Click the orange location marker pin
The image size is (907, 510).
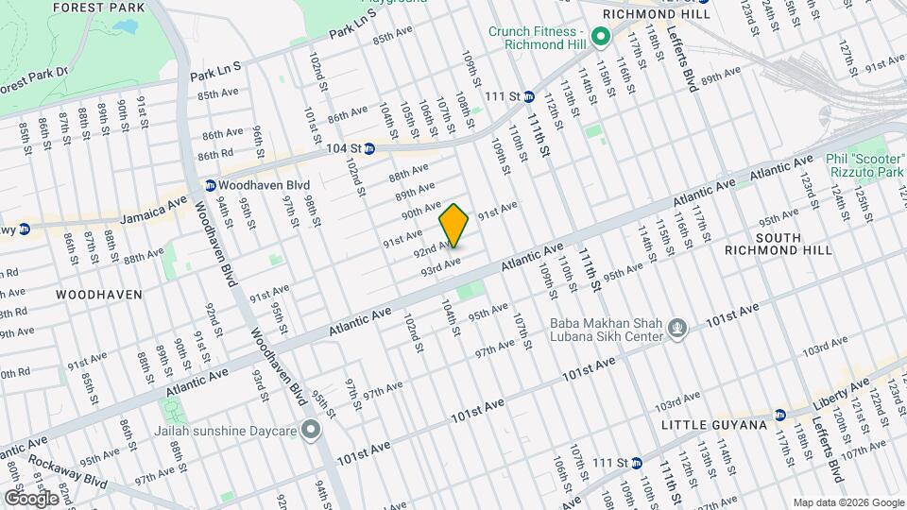pos(454,226)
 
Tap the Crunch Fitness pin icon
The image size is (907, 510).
pos(599,39)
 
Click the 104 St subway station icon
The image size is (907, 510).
pos(369,148)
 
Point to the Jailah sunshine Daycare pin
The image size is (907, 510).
pos(311,432)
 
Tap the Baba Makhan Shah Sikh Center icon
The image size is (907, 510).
pos(676,329)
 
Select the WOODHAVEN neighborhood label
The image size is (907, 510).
pos(98,295)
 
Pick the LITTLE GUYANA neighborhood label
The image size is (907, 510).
pos(713,426)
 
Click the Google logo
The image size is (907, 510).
pos(30,497)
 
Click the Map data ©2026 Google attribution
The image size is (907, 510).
pos(847,502)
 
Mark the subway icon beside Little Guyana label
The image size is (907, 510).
pos(779,415)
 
